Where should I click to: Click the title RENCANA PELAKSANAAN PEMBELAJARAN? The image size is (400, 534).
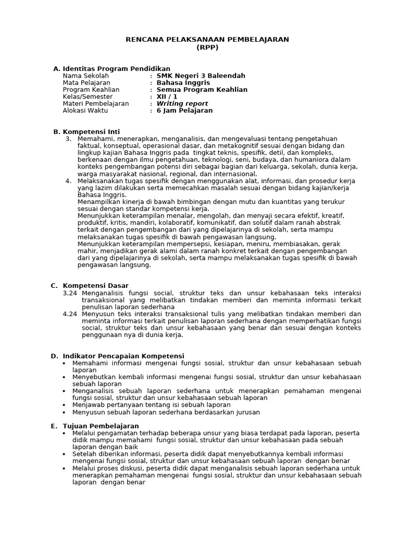(207, 39)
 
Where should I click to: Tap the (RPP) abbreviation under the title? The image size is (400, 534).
(207, 47)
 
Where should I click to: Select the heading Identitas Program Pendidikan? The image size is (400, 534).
(116, 69)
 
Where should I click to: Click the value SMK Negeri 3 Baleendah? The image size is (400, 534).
(201, 76)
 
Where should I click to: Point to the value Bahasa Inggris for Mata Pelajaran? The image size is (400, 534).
(183, 83)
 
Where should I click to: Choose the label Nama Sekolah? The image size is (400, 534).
(86, 76)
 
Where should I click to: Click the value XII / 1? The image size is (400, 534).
(167, 96)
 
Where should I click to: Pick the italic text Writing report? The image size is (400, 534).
(182, 104)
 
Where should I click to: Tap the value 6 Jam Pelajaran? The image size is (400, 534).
(184, 111)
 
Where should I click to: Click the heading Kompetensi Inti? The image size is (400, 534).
(91, 131)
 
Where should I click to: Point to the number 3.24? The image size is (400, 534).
(70, 293)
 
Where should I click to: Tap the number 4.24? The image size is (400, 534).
(70, 314)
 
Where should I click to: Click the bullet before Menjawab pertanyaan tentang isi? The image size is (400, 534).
(64, 405)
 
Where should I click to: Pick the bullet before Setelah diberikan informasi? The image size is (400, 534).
(64, 454)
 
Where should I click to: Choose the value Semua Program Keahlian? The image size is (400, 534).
(202, 90)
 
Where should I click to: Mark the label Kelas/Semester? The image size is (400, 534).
(87, 96)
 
